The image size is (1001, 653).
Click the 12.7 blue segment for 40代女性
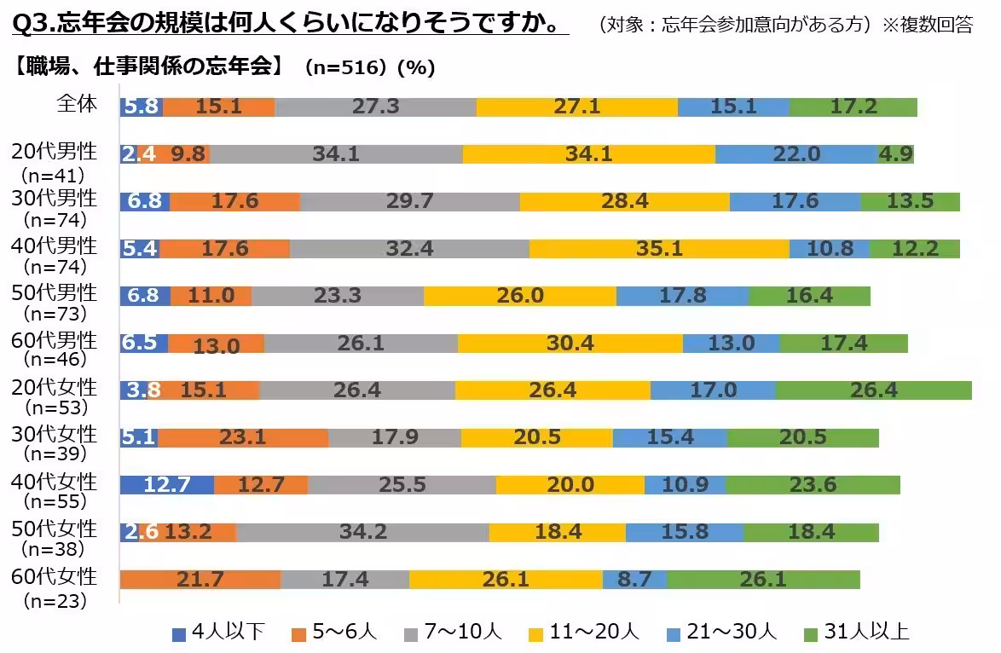pyautogui.click(x=166, y=485)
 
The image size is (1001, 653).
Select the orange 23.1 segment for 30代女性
pyautogui.click(x=243, y=437)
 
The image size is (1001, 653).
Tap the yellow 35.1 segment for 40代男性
pyautogui.click(x=659, y=248)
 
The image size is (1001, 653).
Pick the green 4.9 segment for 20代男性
pyautogui.click(x=896, y=153)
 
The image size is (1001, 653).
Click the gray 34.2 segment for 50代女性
pyautogui.click(x=362, y=532)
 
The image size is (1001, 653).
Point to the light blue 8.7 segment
pyautogui.click(x=634, y=580)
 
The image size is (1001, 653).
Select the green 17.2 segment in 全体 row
pyautogui.click(x=853, y=107)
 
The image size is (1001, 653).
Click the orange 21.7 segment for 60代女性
pyautogui.click(x=200, y=580)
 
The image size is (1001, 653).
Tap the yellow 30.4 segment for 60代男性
pyautogui.click(x=570, y=343)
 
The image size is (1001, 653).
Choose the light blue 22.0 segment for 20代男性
pyautogui.click(x=796, y=153)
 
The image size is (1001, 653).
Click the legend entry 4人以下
pyautogui.click(x=218, y=633)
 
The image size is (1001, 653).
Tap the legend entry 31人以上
pyautogui.click(x=857, y=633)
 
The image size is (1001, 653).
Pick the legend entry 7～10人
pyautogui.click(x=451, y=633)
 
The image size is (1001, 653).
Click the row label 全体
pyautogui.click(x=76, y=104)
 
